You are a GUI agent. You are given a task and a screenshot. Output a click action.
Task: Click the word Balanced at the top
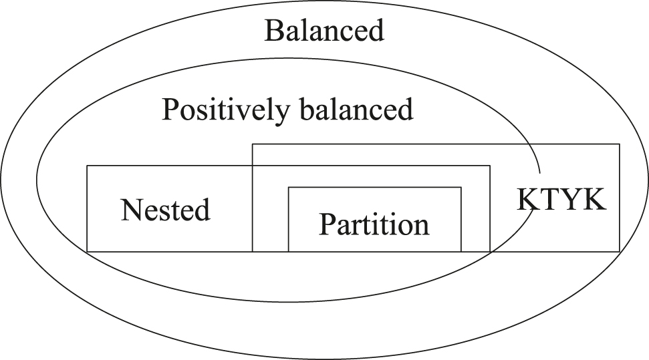pos(324,31)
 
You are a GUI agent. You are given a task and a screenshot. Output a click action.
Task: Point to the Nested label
pos(166,210)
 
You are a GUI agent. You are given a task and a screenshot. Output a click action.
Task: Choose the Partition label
pos(374,224)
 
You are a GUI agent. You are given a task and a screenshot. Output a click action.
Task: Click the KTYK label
pos(561,199)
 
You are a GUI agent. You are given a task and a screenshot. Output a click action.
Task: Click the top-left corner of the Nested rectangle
pos(88,166)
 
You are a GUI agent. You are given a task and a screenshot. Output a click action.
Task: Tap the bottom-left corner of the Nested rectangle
pos(88,251)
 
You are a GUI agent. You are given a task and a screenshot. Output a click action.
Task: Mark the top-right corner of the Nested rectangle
pos(490,166)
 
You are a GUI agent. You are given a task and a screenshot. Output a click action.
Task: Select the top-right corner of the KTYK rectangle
pos(620,144)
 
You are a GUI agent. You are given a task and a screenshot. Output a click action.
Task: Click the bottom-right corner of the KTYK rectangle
pos(620,251)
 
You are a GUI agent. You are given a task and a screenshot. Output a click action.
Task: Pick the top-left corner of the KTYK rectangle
pos(252,144)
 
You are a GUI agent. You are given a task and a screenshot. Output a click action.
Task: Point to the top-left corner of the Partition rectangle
pos(288,188)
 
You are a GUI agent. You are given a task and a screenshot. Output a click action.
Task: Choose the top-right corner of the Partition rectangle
pos(461,188)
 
